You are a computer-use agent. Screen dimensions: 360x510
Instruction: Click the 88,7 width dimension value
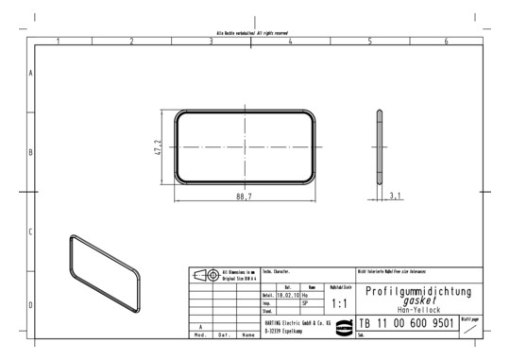(244, 196)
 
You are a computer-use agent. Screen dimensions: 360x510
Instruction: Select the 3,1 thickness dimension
(395, 196)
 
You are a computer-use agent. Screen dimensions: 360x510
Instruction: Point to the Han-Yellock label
(417, 311)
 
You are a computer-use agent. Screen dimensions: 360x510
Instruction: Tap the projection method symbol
(205, 275)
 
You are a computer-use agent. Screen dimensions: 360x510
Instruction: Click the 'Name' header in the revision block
(248, 334)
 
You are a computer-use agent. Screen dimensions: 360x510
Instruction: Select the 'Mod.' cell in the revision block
(199, 334)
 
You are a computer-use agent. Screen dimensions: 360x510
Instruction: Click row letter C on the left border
(32, 231)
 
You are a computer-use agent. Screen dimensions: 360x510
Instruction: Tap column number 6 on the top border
(446, 42)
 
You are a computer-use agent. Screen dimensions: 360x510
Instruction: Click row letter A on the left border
(32, 73)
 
